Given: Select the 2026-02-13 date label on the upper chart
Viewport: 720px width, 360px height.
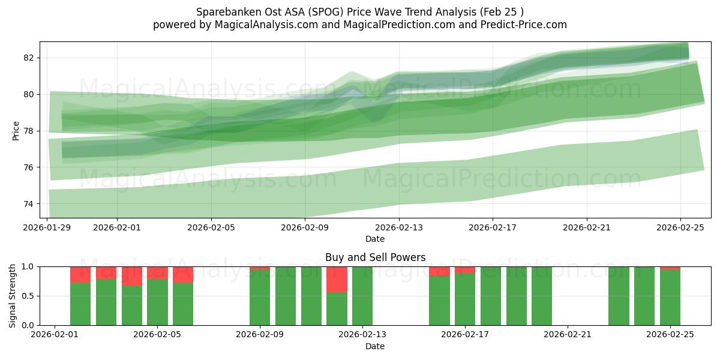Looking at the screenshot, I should click(x=399, y=227).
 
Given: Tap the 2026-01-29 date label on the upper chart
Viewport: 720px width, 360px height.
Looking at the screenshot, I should click(x=47, y=227).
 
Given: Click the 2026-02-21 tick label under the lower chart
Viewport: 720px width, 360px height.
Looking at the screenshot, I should click(x=567, y=335).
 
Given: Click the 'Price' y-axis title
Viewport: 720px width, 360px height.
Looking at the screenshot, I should click(x=16, y=130).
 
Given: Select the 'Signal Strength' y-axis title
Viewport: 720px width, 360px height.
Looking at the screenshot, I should click(x=13, y=296).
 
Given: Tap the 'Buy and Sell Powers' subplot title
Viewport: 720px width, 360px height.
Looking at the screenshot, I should click(x=375, y=257).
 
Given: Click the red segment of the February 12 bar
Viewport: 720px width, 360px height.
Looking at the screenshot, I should click(x=337, y=279).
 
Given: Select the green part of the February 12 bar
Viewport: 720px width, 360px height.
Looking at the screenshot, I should click(x=337, y=309).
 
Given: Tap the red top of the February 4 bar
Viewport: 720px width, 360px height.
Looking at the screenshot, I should click(x=132, y=276).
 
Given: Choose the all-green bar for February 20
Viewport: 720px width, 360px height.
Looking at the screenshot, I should click(x=542, y=296).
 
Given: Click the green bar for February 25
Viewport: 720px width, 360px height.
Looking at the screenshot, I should click(x=670, y=298).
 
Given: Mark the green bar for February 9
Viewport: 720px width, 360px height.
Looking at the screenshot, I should click(x=260, y=298).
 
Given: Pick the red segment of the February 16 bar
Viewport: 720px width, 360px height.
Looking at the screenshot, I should click(x=439, y=271).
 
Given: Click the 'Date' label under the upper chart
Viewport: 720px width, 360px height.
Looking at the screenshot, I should click(x=375, y=239).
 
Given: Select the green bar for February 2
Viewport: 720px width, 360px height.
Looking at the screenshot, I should click(x=80, y=304).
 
